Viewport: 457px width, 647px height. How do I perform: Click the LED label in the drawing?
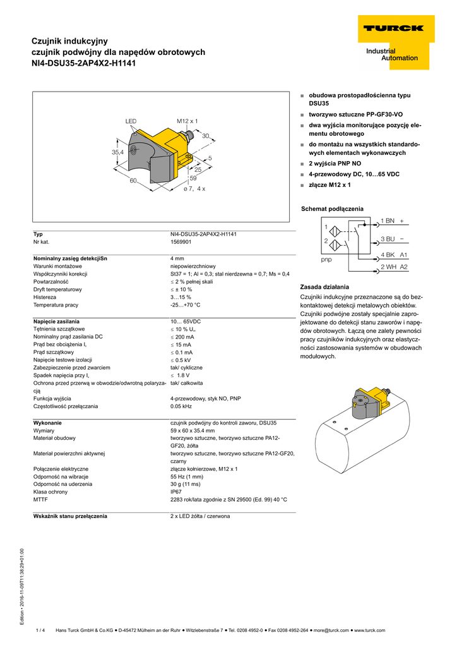(131, 121)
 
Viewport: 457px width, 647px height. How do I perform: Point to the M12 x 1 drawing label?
(187, 121)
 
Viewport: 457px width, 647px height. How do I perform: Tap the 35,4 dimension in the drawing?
(118, 152)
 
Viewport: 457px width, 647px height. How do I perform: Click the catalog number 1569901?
(182, 242)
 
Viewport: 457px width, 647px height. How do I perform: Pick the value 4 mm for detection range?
(177, 258)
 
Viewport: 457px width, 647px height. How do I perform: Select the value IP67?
(176, 492)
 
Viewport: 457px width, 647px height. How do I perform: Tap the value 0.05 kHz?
(182, 406)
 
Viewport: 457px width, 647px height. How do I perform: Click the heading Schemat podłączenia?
(332, 209)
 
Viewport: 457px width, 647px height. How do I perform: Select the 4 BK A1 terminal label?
(394, 255)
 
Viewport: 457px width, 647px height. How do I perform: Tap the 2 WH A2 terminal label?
(394, 267)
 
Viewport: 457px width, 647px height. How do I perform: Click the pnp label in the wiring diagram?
(326, 260)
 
